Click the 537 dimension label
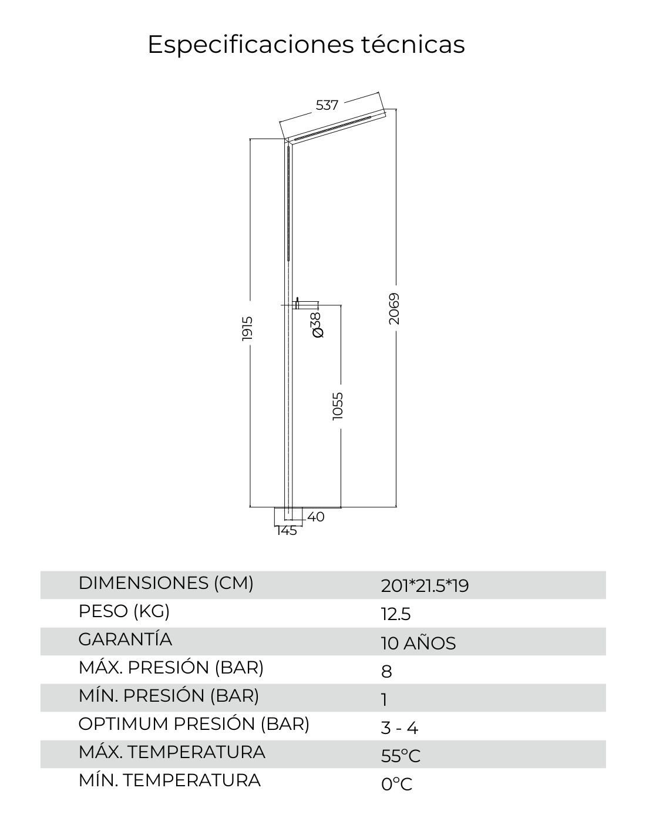[x=327, y=105]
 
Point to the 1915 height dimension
[x=247, y=328]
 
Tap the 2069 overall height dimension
[x=394, y=309]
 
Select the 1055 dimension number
[x=338, y=406]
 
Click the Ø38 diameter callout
[x=318, y=325]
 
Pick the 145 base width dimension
[x=287, y=531]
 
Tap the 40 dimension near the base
[x=316, y=517]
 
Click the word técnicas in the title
[x=413, y=44]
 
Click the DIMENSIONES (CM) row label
[x=166, y=583]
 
